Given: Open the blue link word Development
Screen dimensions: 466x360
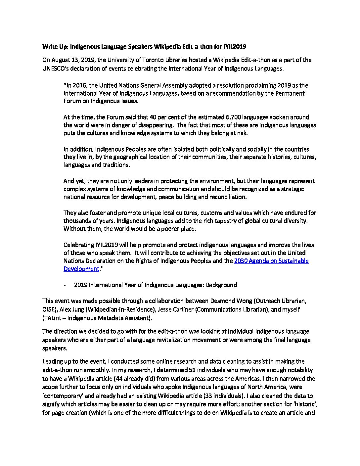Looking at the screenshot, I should click(x=81, y=269).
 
